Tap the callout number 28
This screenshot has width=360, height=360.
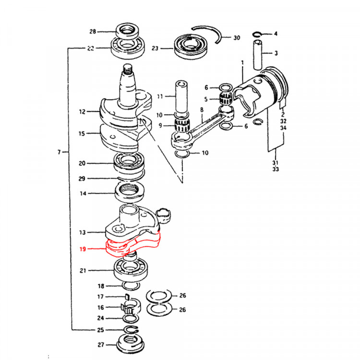point(92,32)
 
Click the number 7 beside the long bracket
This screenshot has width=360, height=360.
point(60,152)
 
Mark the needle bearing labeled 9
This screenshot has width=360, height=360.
point(182,127)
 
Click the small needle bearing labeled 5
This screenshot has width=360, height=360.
point(226,100)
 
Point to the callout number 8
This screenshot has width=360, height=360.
point(202,110)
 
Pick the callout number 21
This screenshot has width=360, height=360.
point(83,271)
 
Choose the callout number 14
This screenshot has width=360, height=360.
point(83,194)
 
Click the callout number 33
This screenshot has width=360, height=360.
point(276,169)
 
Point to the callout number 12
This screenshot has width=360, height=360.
point(83,112)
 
